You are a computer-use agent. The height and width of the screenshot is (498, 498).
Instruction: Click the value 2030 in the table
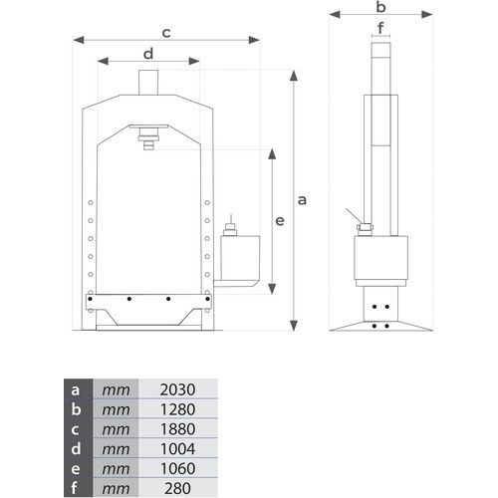pyautogui.click(x=177, y=389)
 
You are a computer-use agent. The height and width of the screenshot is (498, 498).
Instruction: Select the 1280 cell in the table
pyautogui.click(x=177, y=409)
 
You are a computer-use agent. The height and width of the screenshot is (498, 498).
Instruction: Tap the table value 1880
pyautogui.click(x=177, y=429)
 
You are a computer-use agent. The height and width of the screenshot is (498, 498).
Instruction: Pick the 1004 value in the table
pyautogui.click(x=177, y=449)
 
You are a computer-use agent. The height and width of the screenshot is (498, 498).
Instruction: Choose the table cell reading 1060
pyautogui.click(x=177, y=468)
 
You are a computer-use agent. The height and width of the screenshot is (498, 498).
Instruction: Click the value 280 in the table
pyautogui.click(x=177, y=488)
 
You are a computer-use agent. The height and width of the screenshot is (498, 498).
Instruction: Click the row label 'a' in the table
pyautogui.click(x=76, y=390)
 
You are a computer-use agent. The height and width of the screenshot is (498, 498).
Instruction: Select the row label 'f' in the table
pyautogui.click(x=74, y=488)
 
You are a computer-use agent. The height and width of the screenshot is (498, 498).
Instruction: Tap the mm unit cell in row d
pyautogui.click(x=116, y=449)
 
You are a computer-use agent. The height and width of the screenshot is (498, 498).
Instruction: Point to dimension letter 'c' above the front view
pyautogui.click(x=166, y=33)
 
